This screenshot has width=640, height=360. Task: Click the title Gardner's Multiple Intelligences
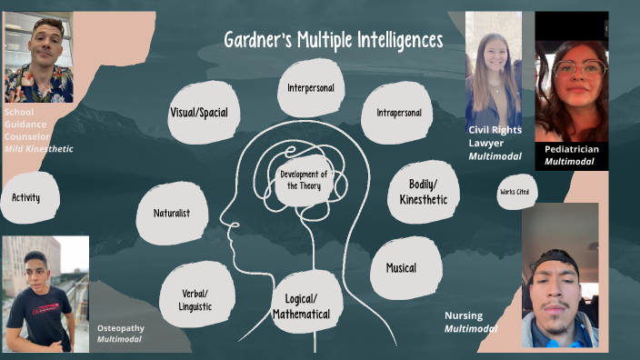click(x=334, y=41)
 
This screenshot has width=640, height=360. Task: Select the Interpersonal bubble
click(x=310, y=88)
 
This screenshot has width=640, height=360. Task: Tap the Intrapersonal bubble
click(x=398, y=113)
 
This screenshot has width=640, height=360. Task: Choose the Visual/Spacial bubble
click(x=198, y=113)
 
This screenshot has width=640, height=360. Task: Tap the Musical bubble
click(x=401, y=268)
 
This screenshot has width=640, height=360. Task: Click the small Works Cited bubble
click(x=515, y=192)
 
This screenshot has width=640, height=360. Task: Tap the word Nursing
click(x=463, y=315)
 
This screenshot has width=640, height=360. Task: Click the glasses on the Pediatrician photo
click(x=578, y=69)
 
